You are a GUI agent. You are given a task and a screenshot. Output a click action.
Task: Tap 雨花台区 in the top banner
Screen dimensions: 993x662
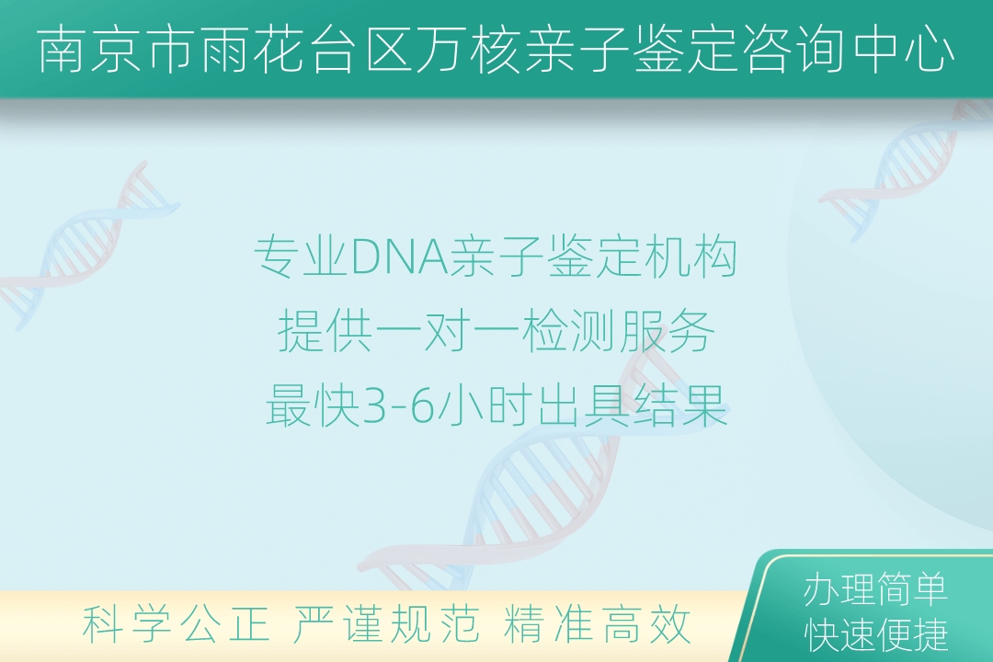coord(302,50)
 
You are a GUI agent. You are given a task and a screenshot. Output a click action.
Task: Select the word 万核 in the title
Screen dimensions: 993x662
coord(468,50)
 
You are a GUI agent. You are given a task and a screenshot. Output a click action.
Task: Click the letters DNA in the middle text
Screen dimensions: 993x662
coord(398,257)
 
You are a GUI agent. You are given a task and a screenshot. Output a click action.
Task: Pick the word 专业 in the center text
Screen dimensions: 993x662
coord(302,257)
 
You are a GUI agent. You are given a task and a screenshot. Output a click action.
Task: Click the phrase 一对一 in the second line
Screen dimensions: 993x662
coord(447,331)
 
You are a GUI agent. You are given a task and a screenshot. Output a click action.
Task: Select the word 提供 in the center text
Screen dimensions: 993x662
coord(325,331)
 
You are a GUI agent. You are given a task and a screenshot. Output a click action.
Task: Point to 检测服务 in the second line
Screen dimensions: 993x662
coord(618,331)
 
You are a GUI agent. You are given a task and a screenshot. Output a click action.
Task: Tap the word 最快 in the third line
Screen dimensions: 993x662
coord(313,406)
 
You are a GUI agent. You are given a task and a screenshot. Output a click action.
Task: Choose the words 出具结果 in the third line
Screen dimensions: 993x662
coord(633,406)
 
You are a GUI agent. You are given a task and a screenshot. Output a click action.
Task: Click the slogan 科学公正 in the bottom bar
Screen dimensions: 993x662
coord(177,624)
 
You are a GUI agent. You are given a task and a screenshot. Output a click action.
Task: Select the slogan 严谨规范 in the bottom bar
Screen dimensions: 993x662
coord(385,624)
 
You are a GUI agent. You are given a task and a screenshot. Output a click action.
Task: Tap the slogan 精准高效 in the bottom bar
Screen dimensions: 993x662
coord(598,624)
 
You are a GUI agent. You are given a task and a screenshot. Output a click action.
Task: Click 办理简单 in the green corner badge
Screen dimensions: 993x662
coord(876,589)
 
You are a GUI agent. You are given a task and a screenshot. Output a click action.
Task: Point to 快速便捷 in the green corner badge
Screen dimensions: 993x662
coord(876,634)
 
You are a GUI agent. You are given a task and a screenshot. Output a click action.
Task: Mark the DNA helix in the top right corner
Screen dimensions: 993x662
coord(906,171)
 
